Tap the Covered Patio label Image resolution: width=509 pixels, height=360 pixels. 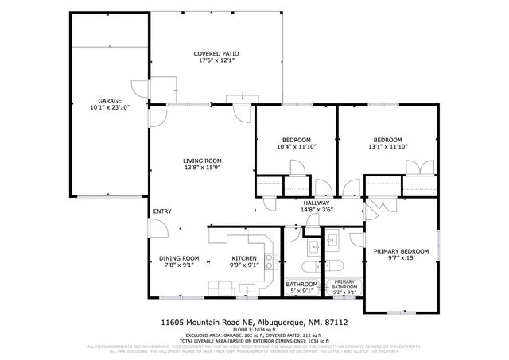coord(216,53)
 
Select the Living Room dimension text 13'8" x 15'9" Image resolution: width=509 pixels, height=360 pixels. coord(202,167)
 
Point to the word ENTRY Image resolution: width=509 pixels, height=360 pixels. coord(162,211)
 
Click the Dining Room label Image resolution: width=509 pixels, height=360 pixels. coord(180,258)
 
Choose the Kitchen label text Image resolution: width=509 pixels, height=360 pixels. coord(243,258)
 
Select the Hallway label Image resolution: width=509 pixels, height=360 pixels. coord(316,203)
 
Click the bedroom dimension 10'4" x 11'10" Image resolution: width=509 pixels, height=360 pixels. coord(295,147)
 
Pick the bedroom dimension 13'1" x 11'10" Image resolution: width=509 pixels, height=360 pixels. coord(387,147)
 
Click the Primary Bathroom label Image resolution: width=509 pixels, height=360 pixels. coord(344,285)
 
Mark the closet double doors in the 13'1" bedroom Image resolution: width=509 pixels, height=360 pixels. coord(419,168)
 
